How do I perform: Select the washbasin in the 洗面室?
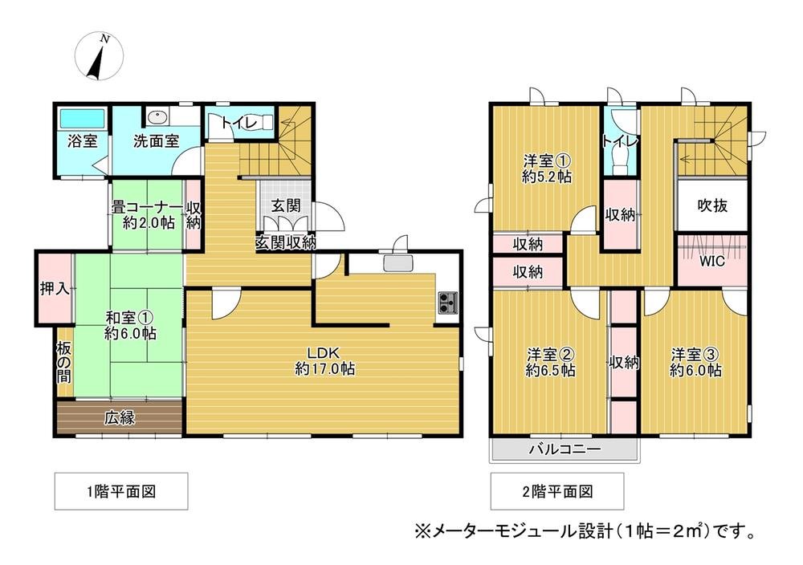point(158,117)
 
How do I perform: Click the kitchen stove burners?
point(447,303)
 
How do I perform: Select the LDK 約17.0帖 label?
point(325,361)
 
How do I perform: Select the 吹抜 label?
point(711,205)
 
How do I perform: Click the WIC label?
point(711,262)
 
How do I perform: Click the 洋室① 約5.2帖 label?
point(546,169)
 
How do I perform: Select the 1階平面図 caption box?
point(121,491)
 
